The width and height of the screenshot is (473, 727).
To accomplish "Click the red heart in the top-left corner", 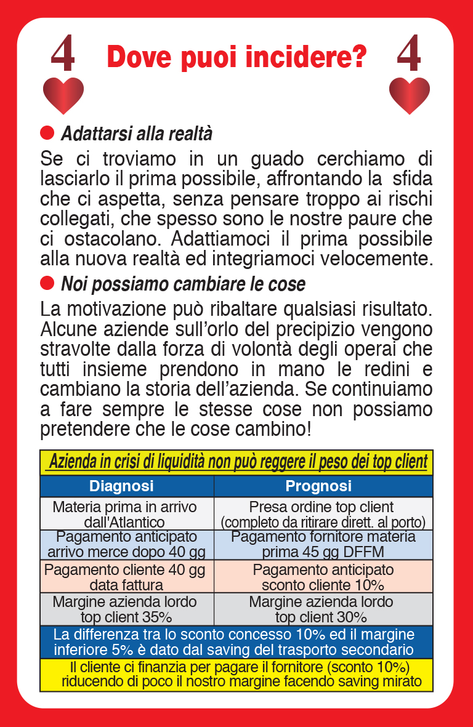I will tap(63, 95).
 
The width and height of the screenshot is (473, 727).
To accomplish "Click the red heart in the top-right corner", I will tap(410, 95).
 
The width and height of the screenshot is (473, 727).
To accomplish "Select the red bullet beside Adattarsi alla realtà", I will tap(47, 133).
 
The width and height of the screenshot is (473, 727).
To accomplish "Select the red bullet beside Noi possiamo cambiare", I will tap(47, 283).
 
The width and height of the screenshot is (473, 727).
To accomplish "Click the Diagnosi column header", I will tap(121, 486).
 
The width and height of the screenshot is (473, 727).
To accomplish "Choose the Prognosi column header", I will tap(318, 486).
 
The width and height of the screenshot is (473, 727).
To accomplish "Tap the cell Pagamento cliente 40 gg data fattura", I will tap(125, 576).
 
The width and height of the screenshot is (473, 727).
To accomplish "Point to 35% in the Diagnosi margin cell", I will tap(156, 617).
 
